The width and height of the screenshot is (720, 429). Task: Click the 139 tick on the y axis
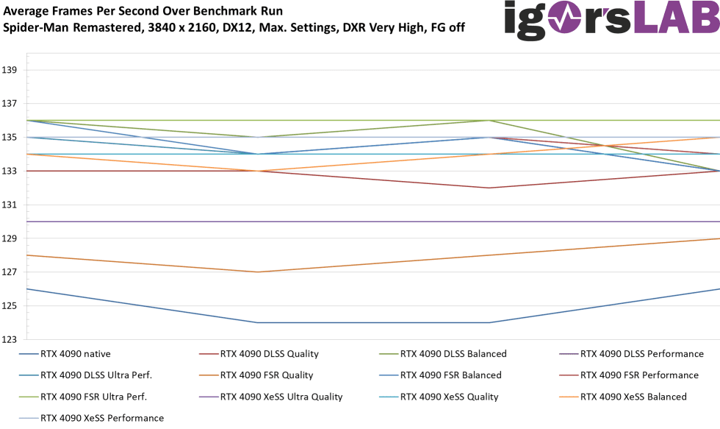pyautogui.click(x=10, y=70)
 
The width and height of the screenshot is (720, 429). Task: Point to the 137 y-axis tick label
pyautogui.click(x=10, y=104)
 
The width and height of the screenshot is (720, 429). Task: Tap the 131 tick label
pyautogui.click(x=10, y=205)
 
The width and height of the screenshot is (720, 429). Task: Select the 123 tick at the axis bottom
pyautogui.click(x=10, y=339)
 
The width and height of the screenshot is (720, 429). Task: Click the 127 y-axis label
pyautogui.click(x=10, y=272)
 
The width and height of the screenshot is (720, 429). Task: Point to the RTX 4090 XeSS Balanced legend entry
pyautogui.click(x=633, y=397)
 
